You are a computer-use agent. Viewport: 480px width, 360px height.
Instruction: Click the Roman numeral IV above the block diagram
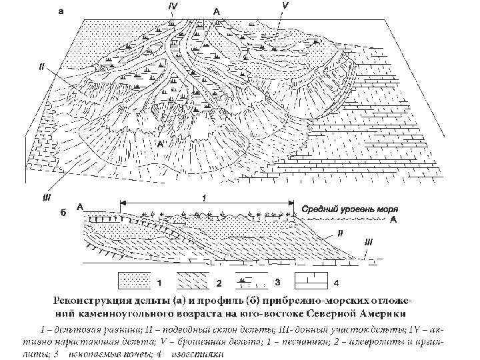[x=172, y=5]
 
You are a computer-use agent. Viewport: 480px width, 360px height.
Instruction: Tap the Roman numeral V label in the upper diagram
[x=285, y=6]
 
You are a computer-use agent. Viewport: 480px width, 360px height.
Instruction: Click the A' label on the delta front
[x=160, y=142]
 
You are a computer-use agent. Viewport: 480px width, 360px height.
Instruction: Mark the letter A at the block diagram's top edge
[x=215, y=11]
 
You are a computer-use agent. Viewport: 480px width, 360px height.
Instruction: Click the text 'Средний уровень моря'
[x=346, y=209]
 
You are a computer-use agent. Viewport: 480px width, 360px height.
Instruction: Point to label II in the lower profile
[x=339, y=233]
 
